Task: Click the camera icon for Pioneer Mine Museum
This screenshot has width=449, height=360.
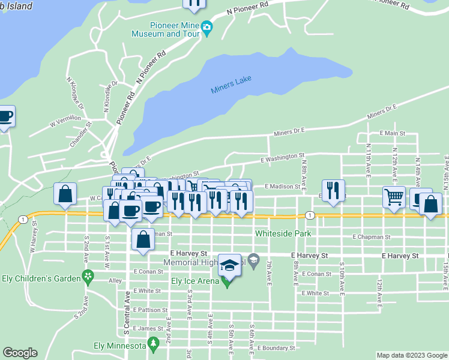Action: [207, 28]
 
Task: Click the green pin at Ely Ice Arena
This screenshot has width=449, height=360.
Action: [226, 282]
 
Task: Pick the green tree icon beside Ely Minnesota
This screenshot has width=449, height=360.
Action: [154, 344]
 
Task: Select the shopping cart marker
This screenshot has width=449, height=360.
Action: [394, 197]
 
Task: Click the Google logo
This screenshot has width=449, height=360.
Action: [20, 353]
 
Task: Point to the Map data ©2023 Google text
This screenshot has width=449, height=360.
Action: [411, 355]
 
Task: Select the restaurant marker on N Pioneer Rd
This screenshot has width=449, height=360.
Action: [194, 3]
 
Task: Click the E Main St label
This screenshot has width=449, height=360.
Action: [392, 133]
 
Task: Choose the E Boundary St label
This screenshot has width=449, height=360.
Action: [276, 347]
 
